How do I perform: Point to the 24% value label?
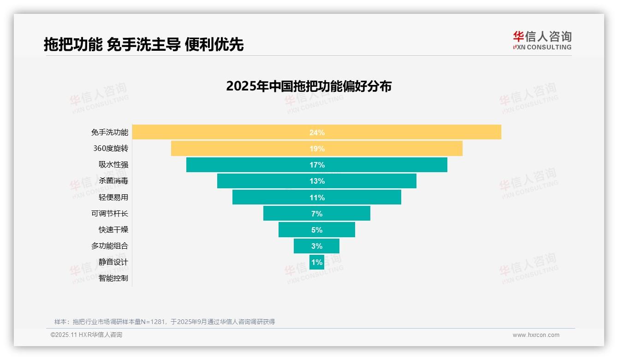pyautogui.click(x=317, y=132)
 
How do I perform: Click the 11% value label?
pyautogui.click(x=317, y=198)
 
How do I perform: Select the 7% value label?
pyautogui.click(x=317, y=214)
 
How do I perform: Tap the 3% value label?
pyautogui.click(x=317, y=246)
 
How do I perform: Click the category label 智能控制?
pyautogui.click(x=113, y=278)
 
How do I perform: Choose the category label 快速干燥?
pyautogui.click(x=113, y=230)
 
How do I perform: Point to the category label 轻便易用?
pyautogui.click(x=113, y=198)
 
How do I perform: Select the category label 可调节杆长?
pyautogui.click(x=110, y=214)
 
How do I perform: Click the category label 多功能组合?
pyautogui.click(x=110, y=246)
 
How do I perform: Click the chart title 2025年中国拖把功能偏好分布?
pyautogui.click(x=309, y=86)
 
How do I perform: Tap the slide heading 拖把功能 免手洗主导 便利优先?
pyautogui.click(x=143, y=44)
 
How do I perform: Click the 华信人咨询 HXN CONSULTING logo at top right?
pyautogui.click(x=542, y=41)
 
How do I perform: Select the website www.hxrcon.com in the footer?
pyautogui.click(x=536, y=335)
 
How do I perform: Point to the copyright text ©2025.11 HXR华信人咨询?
pyautogui.click(x=86, y=335)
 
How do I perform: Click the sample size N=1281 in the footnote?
pyautogui.click(x=147, y=322)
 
